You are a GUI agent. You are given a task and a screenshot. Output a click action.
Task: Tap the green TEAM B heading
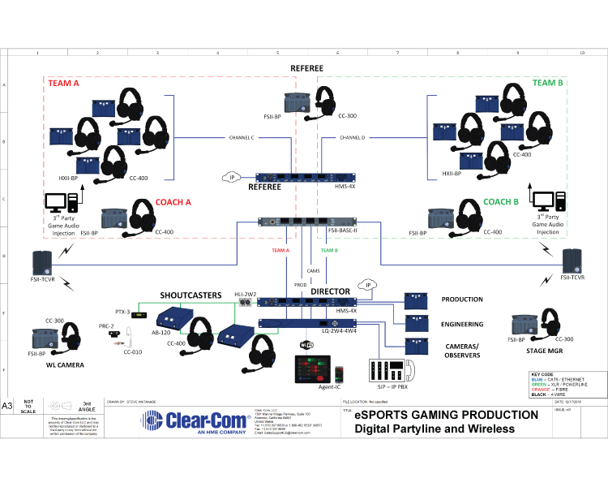pyautogui.click(x=547, y=83)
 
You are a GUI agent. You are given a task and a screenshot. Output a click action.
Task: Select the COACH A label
pyautogui.click(x=173, y=202)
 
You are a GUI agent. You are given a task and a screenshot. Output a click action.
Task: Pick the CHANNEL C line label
pyautogui.click(x=242, y=137)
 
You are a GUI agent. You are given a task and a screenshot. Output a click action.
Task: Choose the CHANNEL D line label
pyautogui.click(x=353, y=137)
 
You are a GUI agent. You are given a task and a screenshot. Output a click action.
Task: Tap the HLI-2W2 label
pyautogui.click(x=246, y=293)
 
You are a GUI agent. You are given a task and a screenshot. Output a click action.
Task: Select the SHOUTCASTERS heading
pyautogui.click(x=191, y=295)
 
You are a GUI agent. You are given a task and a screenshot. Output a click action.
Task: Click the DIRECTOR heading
pyautogui.click(x=330, y=291)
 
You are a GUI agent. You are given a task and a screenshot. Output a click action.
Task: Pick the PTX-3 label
pyautogui.click(x=123, y=311)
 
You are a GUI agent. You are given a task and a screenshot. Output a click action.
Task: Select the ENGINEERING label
pyautogui.click(x=463, y=324)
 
